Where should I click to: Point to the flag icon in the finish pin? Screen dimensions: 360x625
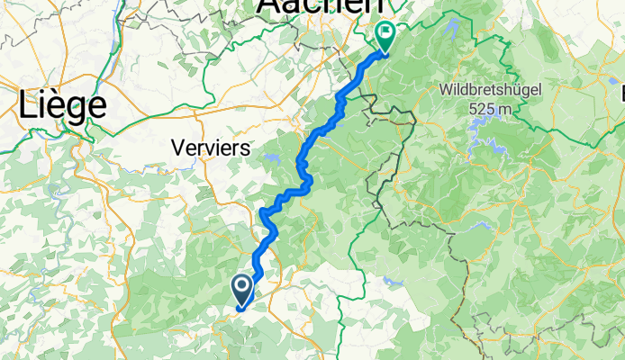point(385,34)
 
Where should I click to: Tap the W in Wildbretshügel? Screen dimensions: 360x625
point(448,91)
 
